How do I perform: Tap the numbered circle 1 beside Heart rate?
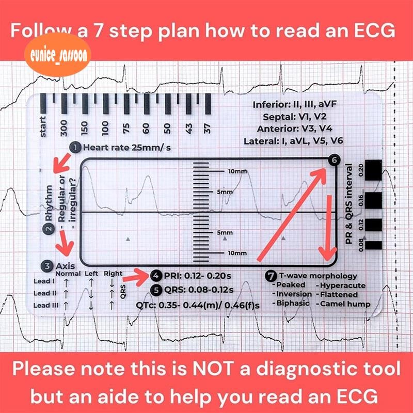(x=75, y=148)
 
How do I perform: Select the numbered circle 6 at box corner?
(x=333, y=161)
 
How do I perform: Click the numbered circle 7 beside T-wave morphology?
(x=271, y=276)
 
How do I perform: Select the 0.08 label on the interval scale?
(x=361, y=244)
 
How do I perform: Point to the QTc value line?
(x=198, y=305)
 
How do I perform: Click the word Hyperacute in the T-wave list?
(x=343, y=285)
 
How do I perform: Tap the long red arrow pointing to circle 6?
(x=292, y=214)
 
